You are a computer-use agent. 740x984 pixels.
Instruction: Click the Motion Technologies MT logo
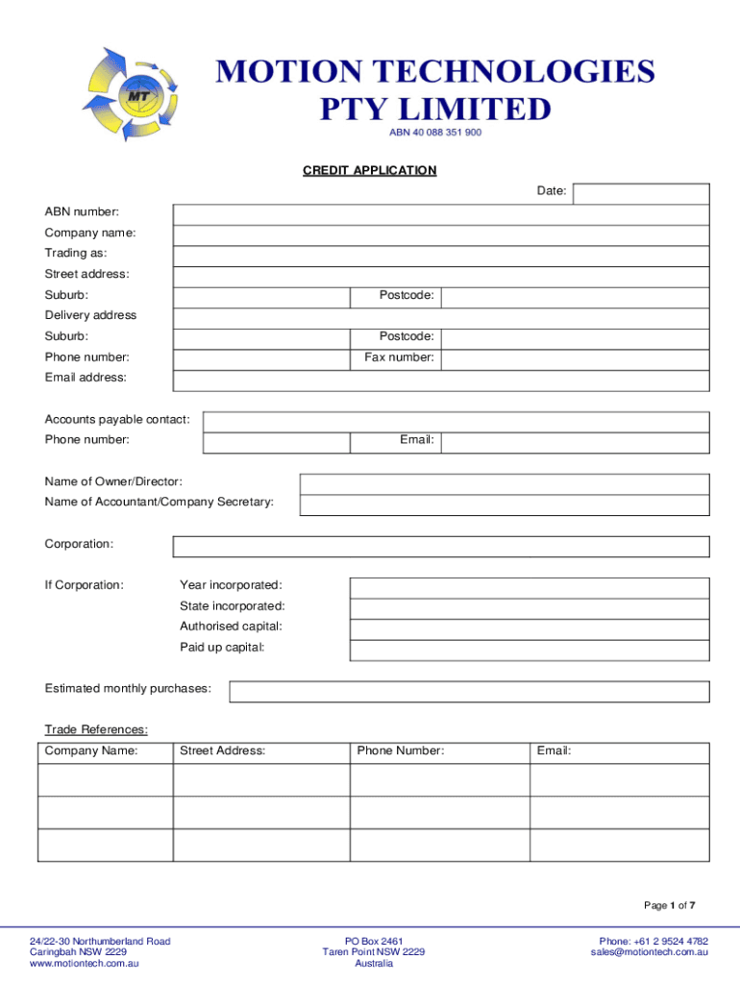(133, 95)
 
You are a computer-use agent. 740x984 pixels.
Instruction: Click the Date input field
(640, 194)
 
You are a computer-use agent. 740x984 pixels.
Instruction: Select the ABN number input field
(441, 213)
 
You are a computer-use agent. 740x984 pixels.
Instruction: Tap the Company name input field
(441, 234)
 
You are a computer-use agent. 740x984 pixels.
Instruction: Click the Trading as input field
(441, 255)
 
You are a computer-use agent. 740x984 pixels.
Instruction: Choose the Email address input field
(441, 380)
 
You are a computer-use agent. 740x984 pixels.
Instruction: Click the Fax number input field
(575, 358)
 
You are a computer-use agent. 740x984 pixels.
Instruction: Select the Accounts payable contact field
(456, 422)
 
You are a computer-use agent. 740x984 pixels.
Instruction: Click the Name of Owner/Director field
(505, 483)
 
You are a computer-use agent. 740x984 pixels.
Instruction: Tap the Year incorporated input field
(529, 587)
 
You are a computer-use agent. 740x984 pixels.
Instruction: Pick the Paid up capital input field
(529, 650)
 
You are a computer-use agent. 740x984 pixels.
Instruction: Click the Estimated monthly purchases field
(469, 692)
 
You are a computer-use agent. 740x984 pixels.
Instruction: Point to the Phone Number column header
(401, 750)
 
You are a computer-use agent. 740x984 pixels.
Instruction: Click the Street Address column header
(222, 750)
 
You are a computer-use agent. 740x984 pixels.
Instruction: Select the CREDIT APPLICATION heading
(369, 170)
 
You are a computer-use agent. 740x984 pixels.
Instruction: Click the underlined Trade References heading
(96, 729)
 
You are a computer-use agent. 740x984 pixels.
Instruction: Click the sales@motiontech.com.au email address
(650, 952)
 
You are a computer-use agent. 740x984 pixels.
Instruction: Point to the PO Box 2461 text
(374, 941)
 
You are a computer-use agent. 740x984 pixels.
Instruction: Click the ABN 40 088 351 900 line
(434, 133)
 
